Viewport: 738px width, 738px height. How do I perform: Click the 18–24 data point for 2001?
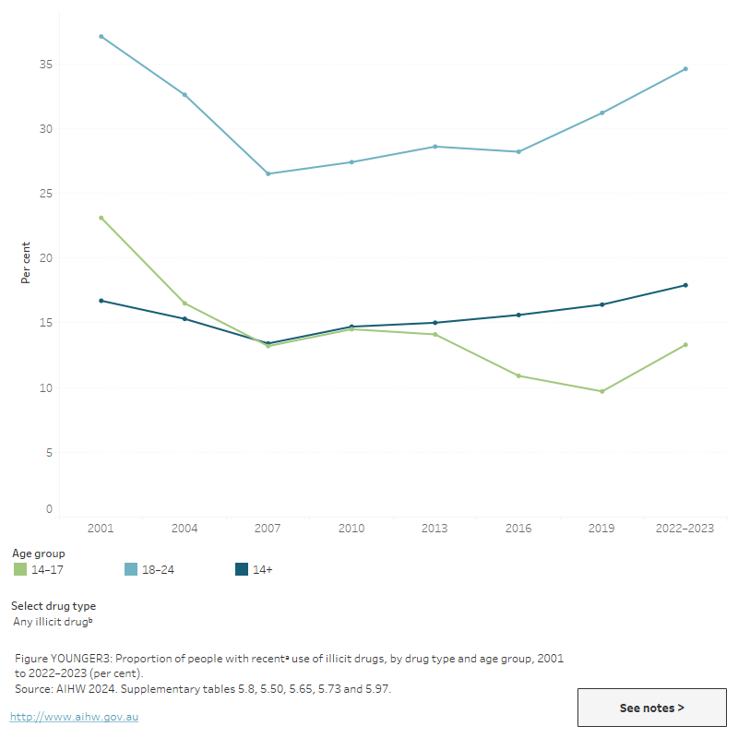click(101, 36)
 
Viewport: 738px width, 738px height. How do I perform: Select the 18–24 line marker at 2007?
click(268, 173)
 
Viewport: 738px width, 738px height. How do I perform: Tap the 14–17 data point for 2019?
click(602, 391)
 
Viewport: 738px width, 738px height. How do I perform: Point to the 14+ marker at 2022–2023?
click(685, 285)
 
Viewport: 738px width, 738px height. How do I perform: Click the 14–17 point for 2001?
click(101, 218)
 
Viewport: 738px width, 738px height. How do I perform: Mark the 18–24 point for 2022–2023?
click(685, 68)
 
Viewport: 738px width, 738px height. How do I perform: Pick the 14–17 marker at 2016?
click(518, 375)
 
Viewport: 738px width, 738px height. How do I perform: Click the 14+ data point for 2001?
click(101, 301)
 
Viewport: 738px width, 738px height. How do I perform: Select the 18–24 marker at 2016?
click(518, 151)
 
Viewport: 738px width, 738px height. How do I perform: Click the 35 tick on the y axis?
click(45, 65)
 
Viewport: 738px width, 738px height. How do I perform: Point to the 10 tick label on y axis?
click(45, 388)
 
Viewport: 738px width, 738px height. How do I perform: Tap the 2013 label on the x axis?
click(434, 529)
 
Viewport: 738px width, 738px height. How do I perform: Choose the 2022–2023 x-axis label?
click(685, 529)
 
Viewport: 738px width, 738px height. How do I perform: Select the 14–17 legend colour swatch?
click(20, 569)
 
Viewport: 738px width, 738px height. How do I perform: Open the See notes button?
click(651, 708)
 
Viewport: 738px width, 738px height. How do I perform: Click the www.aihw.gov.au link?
click(74, 717)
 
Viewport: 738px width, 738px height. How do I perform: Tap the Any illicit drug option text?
click(52, 622)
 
